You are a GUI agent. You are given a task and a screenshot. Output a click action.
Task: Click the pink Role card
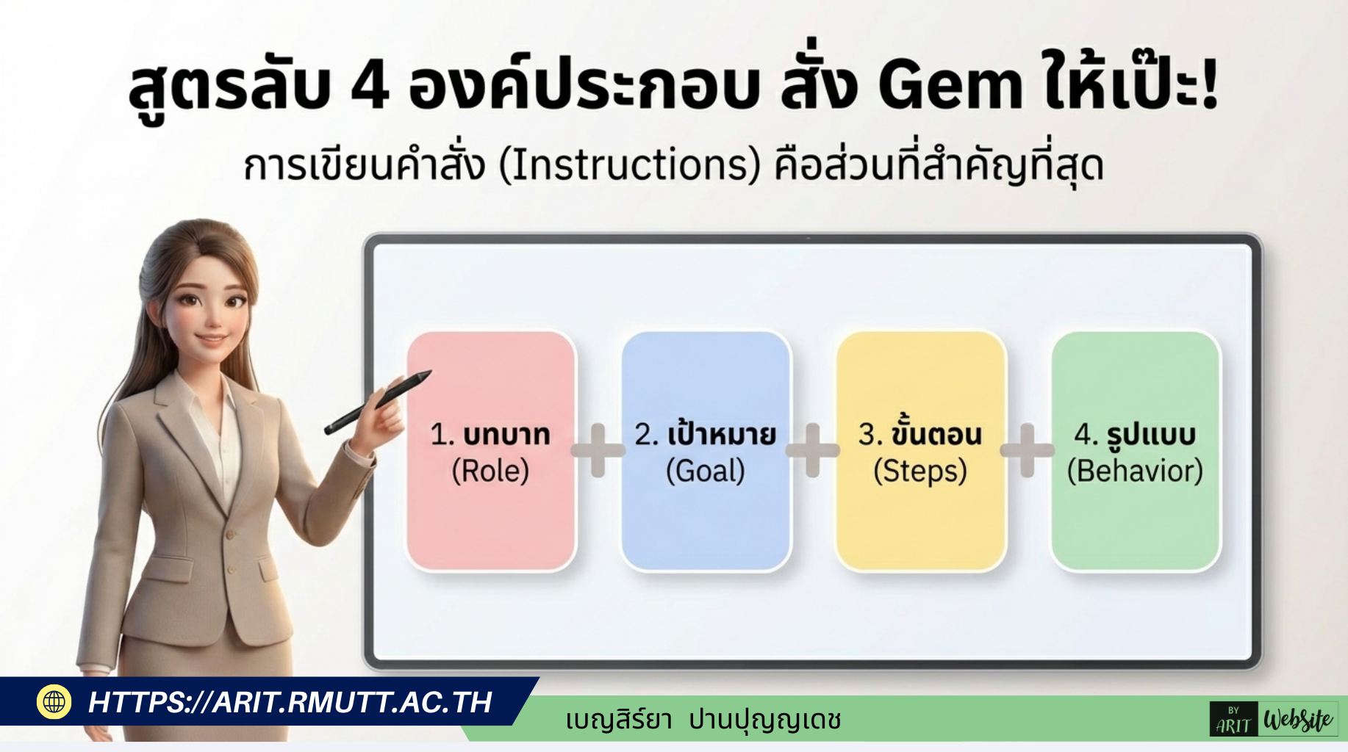click(x=491, y=514)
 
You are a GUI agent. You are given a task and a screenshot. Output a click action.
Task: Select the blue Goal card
click(x=706, y=514)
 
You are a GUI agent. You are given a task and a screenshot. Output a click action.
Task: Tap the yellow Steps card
click(x=920, y=514)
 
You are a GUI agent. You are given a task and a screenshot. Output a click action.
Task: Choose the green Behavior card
click(x=1136, y=514)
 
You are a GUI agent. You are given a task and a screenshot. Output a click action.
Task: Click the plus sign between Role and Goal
click(x=598, y=450)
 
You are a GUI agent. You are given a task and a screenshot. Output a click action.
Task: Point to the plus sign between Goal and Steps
click(x=812, y=450)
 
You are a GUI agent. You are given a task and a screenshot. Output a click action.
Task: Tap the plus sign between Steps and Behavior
click(x=1027, y=450)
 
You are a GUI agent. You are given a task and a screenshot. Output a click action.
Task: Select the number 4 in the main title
click(x=369, y=87)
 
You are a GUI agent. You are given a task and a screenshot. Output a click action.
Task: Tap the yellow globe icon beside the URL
click(x=54, y=701)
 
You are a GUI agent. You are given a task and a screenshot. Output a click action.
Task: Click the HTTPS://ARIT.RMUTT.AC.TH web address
click(x=290, y=702)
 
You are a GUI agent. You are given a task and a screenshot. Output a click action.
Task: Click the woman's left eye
click(x=236, y=301)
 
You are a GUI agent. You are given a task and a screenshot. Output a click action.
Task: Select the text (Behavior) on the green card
click(x=1135, y=471)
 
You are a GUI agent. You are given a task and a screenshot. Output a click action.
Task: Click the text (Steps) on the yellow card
click(x=920, y=471)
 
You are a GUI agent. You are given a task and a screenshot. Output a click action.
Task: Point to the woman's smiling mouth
click(x=212, y=340)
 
